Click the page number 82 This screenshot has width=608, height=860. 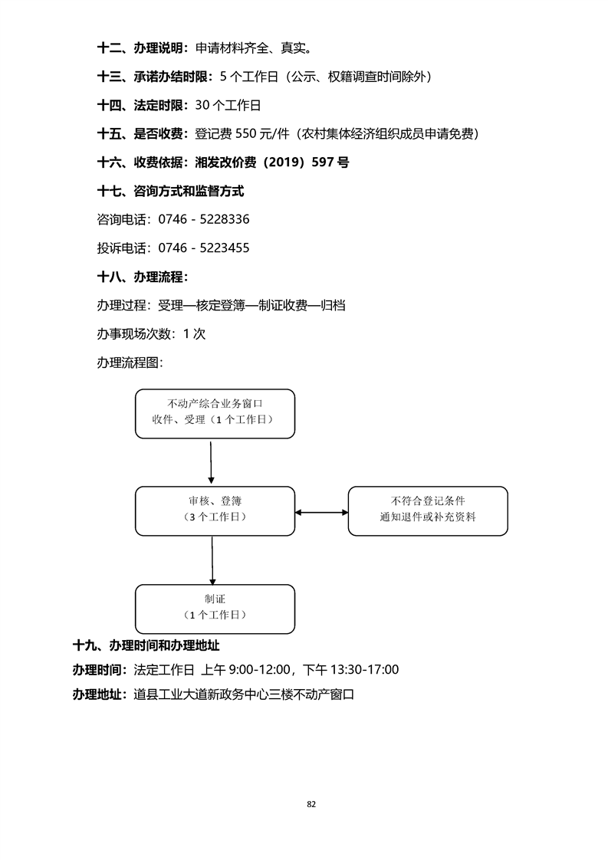(311, 804)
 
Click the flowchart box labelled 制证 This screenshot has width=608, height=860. (215, 609)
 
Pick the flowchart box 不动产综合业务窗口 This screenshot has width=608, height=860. (215, 413)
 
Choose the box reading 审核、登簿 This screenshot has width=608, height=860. (215, 510)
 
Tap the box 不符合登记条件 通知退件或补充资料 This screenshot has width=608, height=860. (428, 510)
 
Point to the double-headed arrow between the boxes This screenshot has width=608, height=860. (321, 512)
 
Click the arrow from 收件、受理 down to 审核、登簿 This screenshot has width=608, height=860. (211, 462)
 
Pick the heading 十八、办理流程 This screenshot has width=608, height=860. (143, 277)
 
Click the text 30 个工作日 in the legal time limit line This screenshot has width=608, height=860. (228, 106)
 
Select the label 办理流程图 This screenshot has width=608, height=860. (130, 363)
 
